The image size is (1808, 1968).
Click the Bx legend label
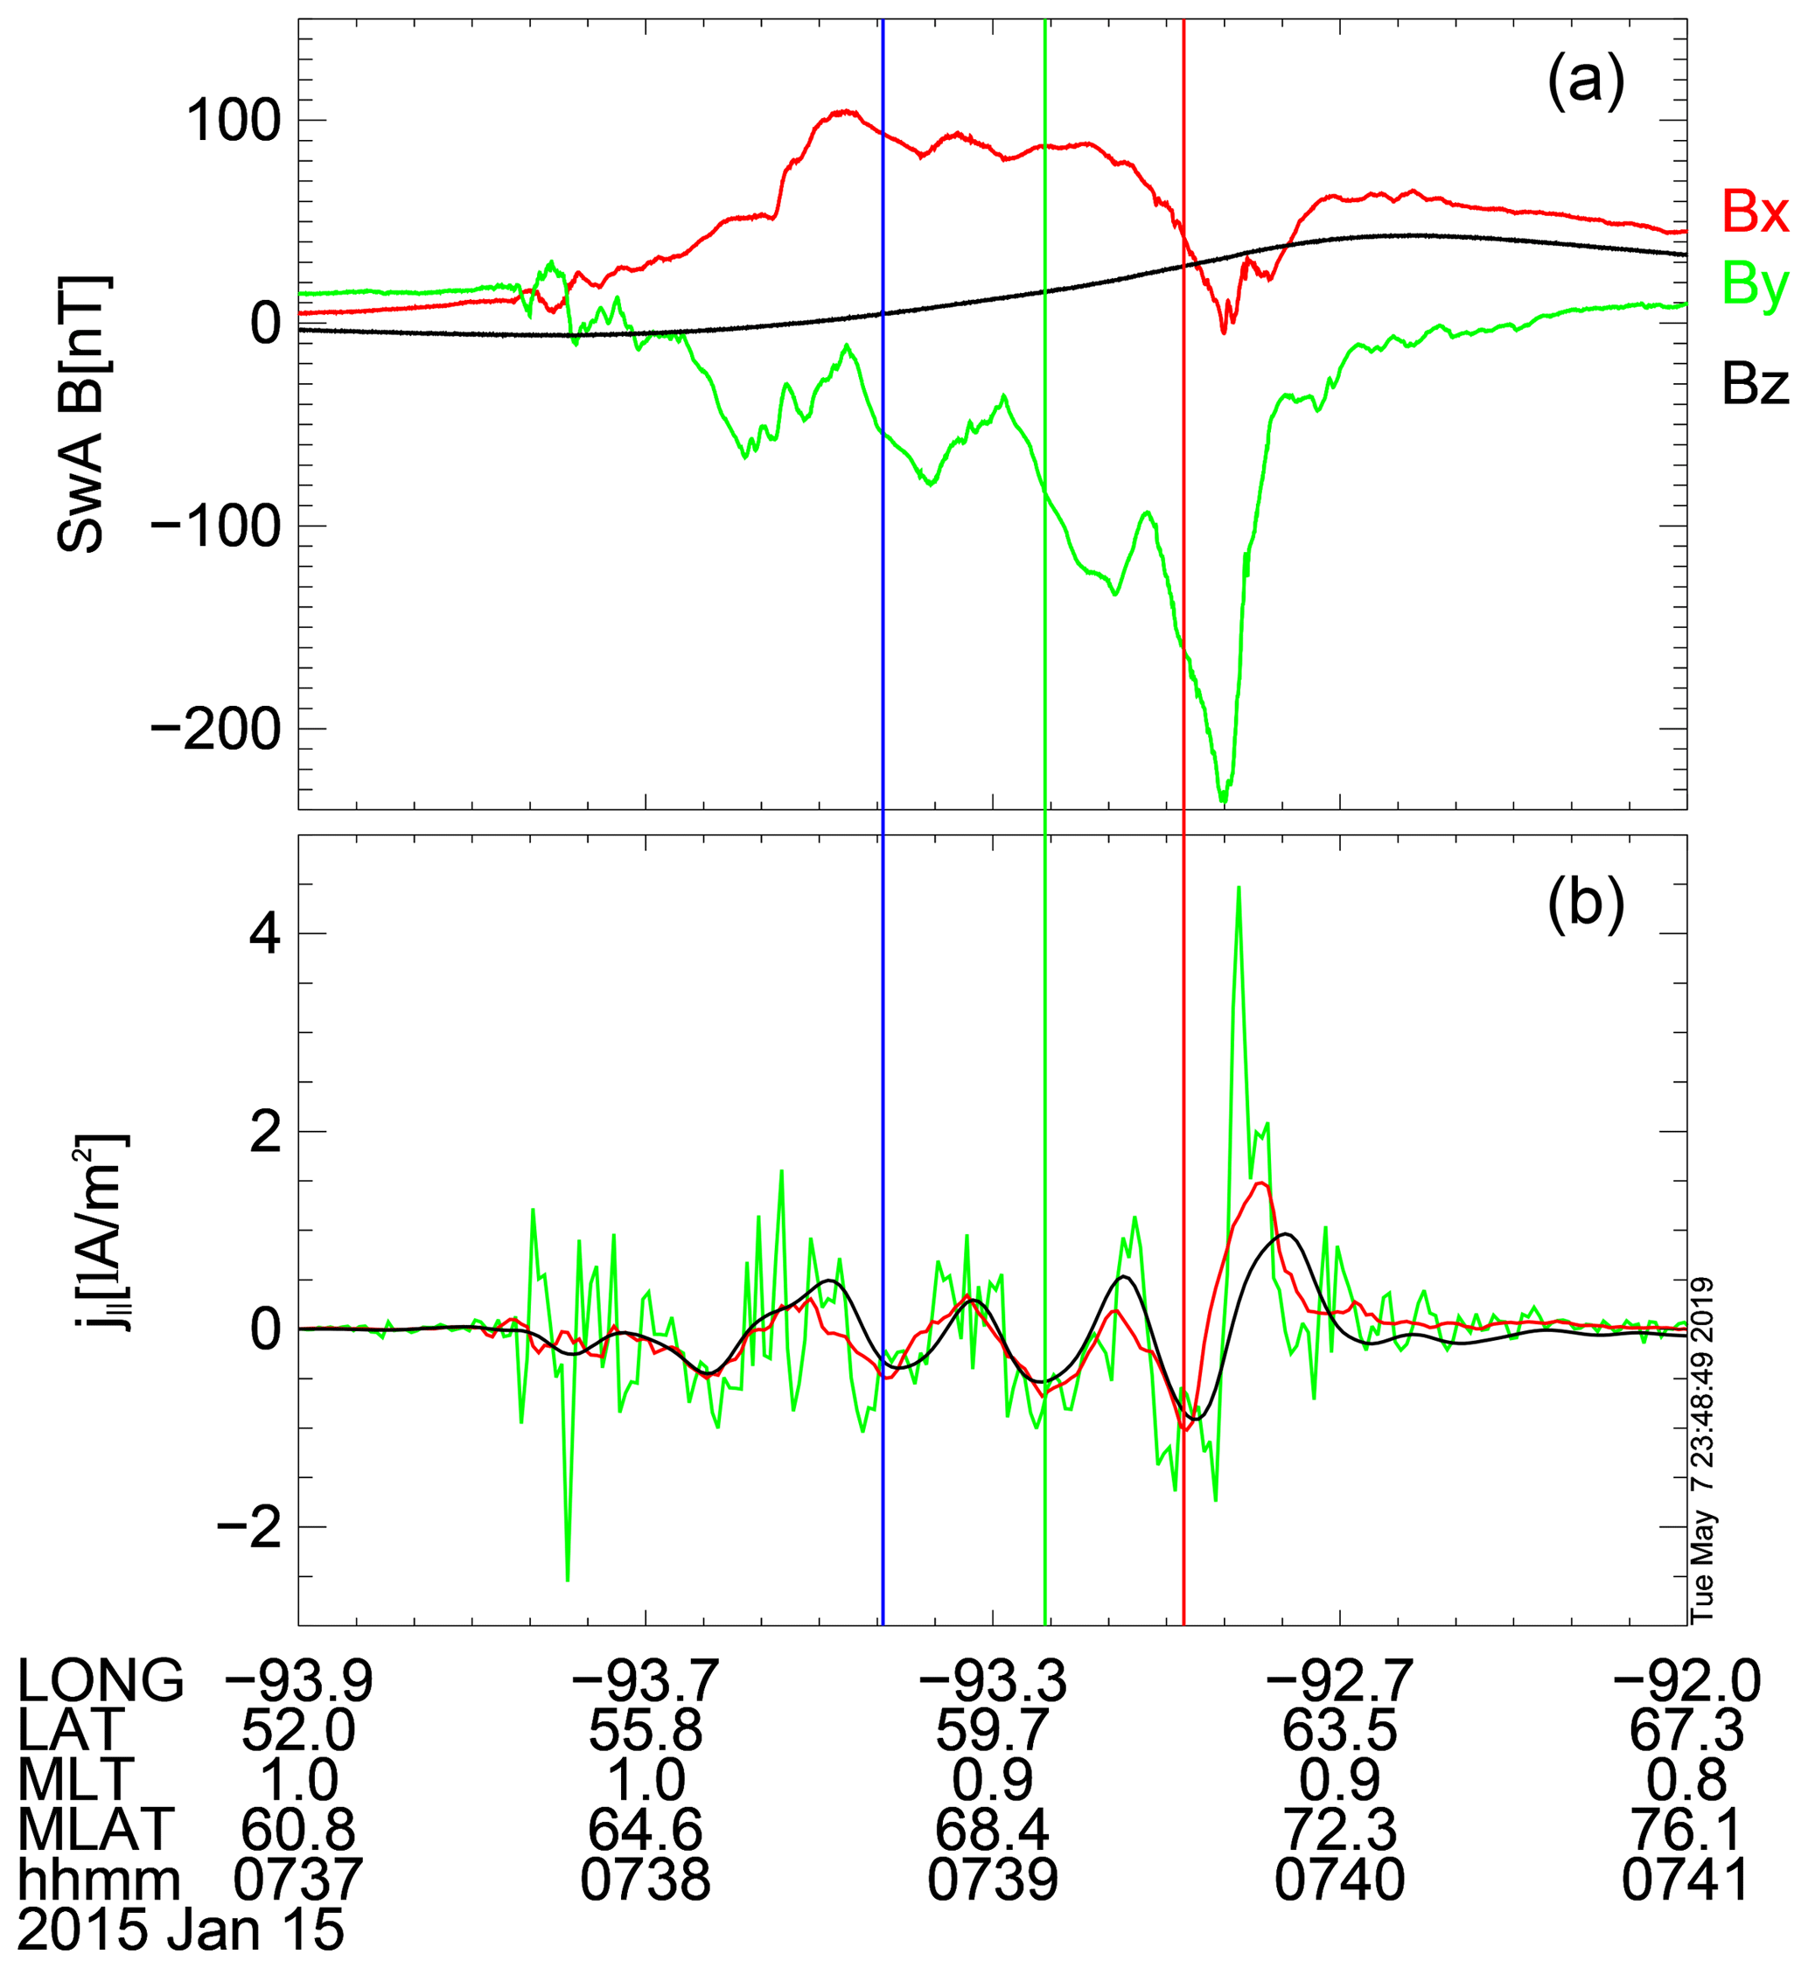[x=1756, y=212]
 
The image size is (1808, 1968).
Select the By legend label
[x=1756, y=286]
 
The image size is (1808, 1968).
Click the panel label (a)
[x=1586, y=82]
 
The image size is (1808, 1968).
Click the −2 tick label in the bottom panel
[x=248, y=1529]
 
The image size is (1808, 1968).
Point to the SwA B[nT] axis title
[x=84, y=415]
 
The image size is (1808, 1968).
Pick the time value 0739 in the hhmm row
[x=993, y=1879]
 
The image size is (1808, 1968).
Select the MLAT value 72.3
[x=1339, y=1829]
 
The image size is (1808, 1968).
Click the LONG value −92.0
[x=1686, y=1682]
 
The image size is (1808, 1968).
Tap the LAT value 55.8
[x=646, y=1731]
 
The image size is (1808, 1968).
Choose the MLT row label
[x=76, y=1780]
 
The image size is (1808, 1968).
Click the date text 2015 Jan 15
[x=182, y=1930]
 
